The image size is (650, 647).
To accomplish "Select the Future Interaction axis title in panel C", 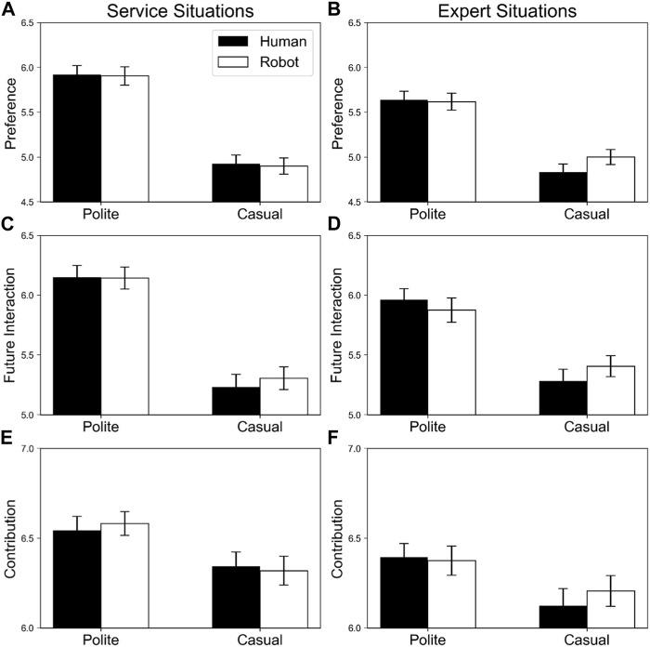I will (x=11, y=325).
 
